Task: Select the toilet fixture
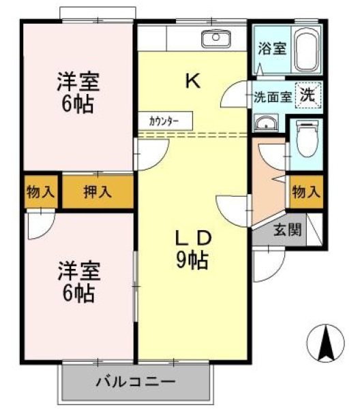pos(307,140)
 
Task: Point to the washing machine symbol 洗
pos(308,96)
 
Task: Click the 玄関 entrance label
pos(287,230)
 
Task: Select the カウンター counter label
pos(164,121)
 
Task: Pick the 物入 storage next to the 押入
pos(40,192)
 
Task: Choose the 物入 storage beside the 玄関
pos(305,192)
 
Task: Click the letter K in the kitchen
pos(192,82)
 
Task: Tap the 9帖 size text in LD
pos(193,260)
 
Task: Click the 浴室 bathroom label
pos(271,49)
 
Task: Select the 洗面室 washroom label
pos(273,97)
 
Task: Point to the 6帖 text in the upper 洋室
pos(77,106)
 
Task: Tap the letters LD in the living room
pos(193,238)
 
